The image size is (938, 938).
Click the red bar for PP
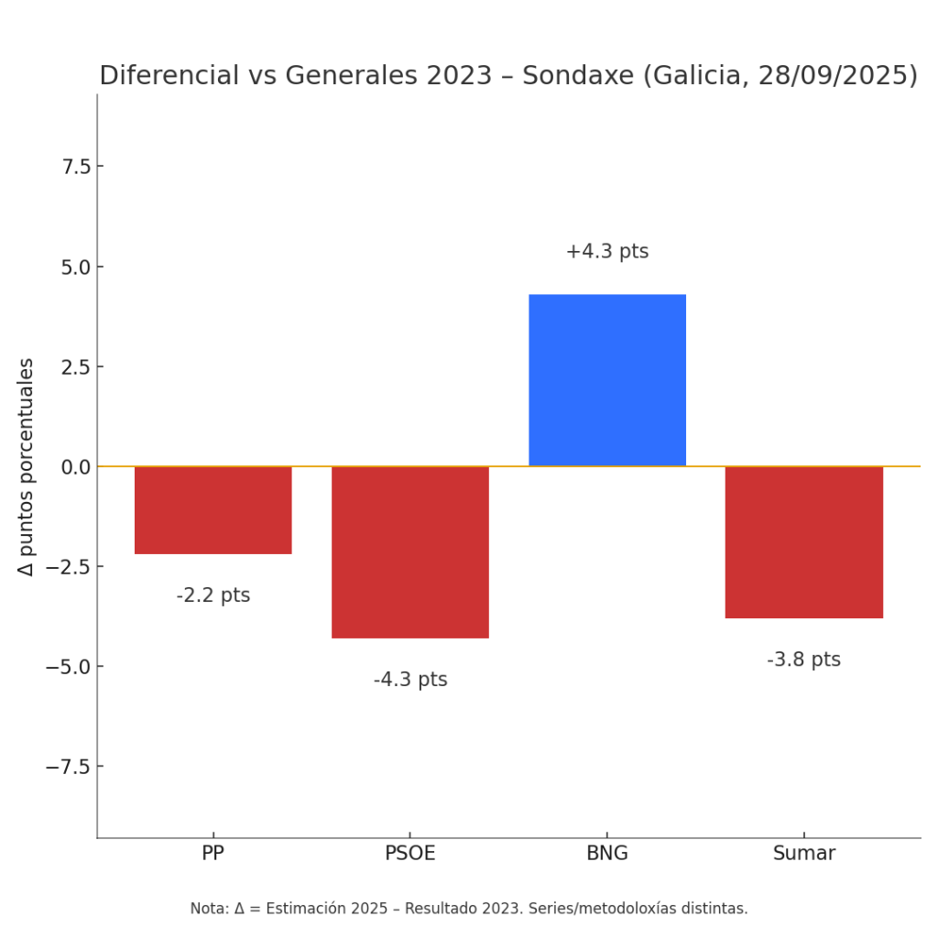213,510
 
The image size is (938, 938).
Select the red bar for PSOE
409,551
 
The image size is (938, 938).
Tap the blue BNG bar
606,380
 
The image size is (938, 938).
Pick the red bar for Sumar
803,542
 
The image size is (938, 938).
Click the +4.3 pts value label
606,252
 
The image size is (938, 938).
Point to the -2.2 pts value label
213,595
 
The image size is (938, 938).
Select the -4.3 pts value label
409,680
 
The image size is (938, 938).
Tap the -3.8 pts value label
803,660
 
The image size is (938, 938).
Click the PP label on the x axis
213,854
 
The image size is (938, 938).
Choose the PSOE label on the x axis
409,854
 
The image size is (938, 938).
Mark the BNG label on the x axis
606,854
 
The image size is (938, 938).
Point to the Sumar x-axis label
803,854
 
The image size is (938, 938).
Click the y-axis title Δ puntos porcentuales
27,466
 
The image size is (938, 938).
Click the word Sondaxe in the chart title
577,76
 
